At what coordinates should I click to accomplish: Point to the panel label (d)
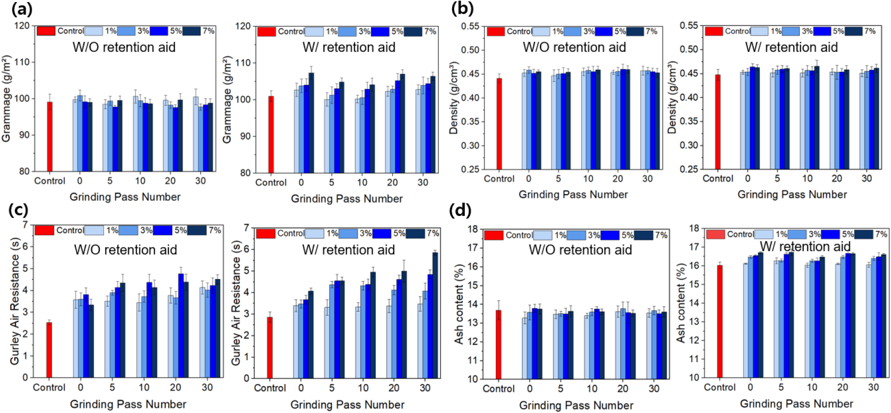[460, 210]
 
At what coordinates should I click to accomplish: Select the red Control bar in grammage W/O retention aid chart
[50, 136]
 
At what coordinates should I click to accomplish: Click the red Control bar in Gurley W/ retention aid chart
[270, 347]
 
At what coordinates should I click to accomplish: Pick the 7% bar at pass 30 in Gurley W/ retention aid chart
[435, 315]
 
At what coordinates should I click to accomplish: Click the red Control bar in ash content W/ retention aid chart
[720, 321]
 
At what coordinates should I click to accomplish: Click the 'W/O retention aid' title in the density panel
[574, 47]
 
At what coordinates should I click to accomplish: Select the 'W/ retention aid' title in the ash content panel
[805, 246]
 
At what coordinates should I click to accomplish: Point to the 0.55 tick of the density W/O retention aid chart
[470, 26]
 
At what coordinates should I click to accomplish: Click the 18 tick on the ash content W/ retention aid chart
[694, 228]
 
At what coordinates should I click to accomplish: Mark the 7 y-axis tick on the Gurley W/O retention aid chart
[25, 225]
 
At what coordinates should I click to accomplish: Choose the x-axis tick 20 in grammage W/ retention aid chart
[392, 182]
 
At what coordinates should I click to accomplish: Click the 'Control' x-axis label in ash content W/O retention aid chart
[499, 389]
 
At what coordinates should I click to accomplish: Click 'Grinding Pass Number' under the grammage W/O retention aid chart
[125, 197]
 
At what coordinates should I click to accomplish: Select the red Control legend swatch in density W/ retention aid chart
[714, 31]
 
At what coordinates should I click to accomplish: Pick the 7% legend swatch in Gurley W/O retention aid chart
[197, 230]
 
